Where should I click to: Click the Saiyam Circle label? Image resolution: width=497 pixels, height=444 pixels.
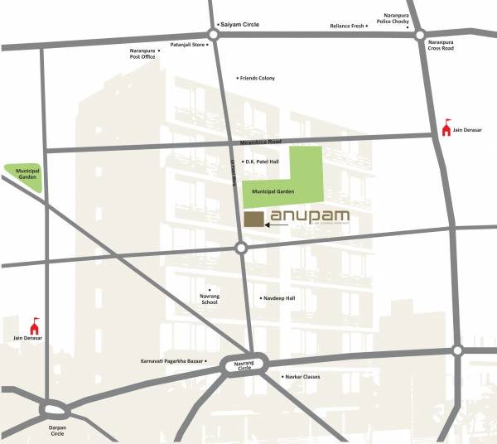click(x=240, y=25)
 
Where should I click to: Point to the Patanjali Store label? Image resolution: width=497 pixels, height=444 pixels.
click(x=187, y=44)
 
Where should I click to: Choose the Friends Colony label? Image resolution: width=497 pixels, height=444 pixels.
click(x=258, y=78)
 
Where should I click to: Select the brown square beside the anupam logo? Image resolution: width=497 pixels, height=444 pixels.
click(x=254, y=218)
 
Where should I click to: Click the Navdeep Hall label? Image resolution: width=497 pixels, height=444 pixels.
click(x=278, y=297)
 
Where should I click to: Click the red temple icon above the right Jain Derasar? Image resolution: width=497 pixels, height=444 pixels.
click(x=447, y=127)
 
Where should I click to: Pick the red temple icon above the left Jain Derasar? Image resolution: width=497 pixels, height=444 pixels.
click(x=35, y=325)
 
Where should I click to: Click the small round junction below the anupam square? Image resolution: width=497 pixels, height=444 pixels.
click(x=241, y=248)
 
